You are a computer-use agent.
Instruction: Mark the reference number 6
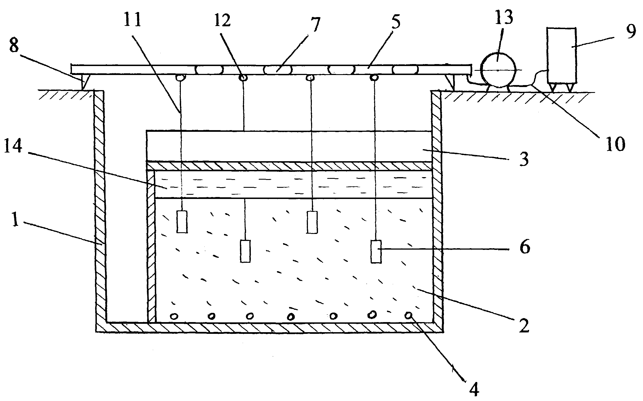pyautogui.click(x=525, y=248)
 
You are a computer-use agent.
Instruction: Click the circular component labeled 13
pyautogui.click(x=498, y=70)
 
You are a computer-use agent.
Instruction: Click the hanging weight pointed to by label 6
pyautogui.click(x=376, y=252)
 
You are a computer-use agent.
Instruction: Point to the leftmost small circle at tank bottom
pyautogui.click(x=174, y=316)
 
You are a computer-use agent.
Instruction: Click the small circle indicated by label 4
pyautogui.click(x=409, y=315)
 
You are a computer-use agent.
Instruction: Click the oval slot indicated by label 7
pyautogui.click(x=277, y=70)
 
